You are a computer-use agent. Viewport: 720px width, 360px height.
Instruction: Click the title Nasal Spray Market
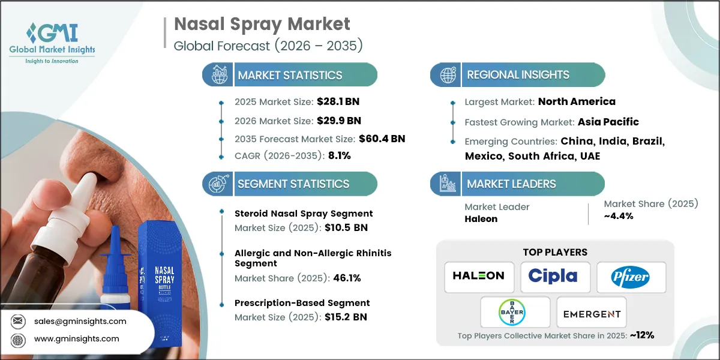262,24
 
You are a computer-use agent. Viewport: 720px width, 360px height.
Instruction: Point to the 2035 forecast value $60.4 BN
382,139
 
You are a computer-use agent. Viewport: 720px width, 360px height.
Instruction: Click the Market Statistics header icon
217,75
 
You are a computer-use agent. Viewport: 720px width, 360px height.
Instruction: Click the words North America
577,101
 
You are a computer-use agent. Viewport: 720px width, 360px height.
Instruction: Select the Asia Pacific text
608,122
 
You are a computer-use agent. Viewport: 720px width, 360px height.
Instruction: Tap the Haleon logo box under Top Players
479,277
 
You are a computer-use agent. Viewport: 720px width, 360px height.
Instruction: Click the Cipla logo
553,277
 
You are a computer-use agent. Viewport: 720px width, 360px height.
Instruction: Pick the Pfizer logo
630,277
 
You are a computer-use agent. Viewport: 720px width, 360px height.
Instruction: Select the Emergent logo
591,313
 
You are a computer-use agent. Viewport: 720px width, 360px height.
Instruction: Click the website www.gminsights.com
77,339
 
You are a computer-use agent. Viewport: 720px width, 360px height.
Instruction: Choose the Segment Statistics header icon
217,184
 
